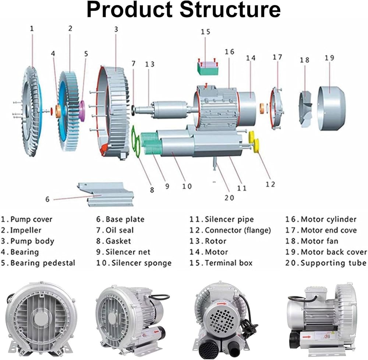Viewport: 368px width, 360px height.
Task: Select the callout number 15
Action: [x=205, y=32]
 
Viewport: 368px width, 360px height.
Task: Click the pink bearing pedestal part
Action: [x=82, y=110]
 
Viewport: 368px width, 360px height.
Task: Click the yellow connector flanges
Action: [x=254, y=141]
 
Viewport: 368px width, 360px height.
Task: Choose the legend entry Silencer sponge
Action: [x=141, y=263]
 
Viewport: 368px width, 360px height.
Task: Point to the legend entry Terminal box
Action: [x=229, y=263]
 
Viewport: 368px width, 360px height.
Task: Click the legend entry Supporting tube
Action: [x=333, y=263]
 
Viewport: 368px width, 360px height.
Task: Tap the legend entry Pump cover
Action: [x=31, y=220]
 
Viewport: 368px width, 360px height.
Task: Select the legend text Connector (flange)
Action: [x=237, y=230]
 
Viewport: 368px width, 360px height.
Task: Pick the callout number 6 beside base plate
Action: [x=47, y=199]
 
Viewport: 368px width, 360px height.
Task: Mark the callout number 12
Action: [x=270, y=184]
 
